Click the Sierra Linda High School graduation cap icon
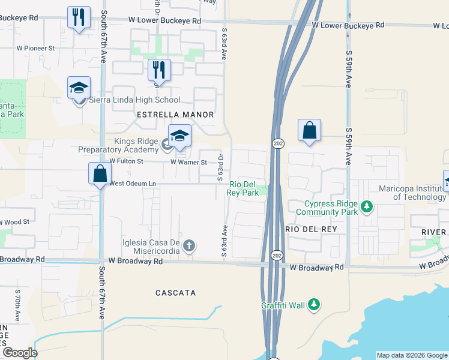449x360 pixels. coord(79,88)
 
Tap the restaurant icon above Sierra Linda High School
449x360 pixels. coord(159,70)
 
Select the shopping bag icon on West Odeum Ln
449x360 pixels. coord(100,174)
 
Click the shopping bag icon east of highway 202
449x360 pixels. coord(309,130)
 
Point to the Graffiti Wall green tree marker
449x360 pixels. coord(313,305)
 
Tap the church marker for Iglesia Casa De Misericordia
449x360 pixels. coord(189,245)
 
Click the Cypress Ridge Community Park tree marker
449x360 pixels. coord(366,208)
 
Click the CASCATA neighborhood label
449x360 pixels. coord(176,293)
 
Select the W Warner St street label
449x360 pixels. coord(188,162)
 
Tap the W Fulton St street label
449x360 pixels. coord(126,161)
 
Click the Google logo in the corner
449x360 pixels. coord(20,353)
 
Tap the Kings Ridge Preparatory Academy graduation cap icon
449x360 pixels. coord(179,136)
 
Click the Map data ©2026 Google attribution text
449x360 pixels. coord(411,355)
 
